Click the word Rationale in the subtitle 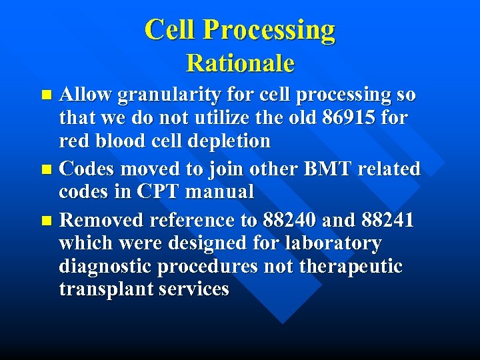point(240,63)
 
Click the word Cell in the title point(171,30)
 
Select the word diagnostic point(106,267)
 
